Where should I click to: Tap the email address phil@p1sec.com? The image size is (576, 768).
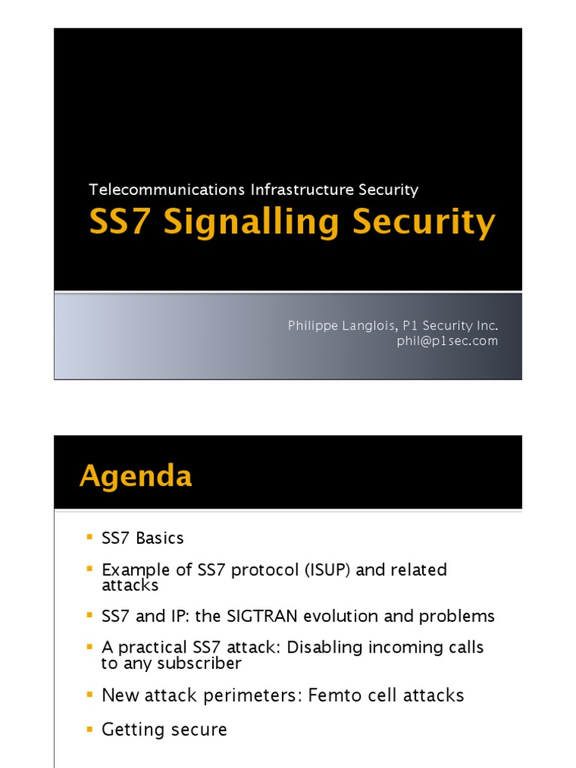click(448, 340)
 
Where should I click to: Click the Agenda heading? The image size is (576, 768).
click(136, 476)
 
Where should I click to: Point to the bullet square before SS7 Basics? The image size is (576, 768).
click(90, 537)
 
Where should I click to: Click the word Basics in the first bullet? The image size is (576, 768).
click(159, 538)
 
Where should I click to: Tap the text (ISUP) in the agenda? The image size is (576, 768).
click(327, 570)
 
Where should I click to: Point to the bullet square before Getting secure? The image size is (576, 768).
click(90, 728)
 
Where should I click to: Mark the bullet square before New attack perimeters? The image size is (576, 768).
click(90, 694)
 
